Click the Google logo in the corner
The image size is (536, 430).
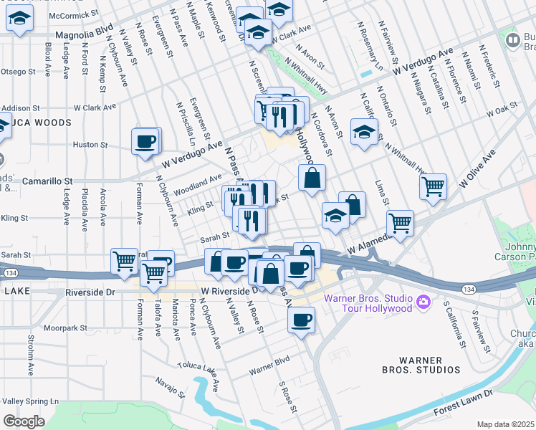[24, 421]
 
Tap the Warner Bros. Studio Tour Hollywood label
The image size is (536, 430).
[368, 302]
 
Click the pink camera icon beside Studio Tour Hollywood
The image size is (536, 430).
[423, 302]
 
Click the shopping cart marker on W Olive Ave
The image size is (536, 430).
[433, 187]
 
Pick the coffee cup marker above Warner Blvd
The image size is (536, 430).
[302, 319]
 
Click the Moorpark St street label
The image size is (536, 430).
[64, 328]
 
